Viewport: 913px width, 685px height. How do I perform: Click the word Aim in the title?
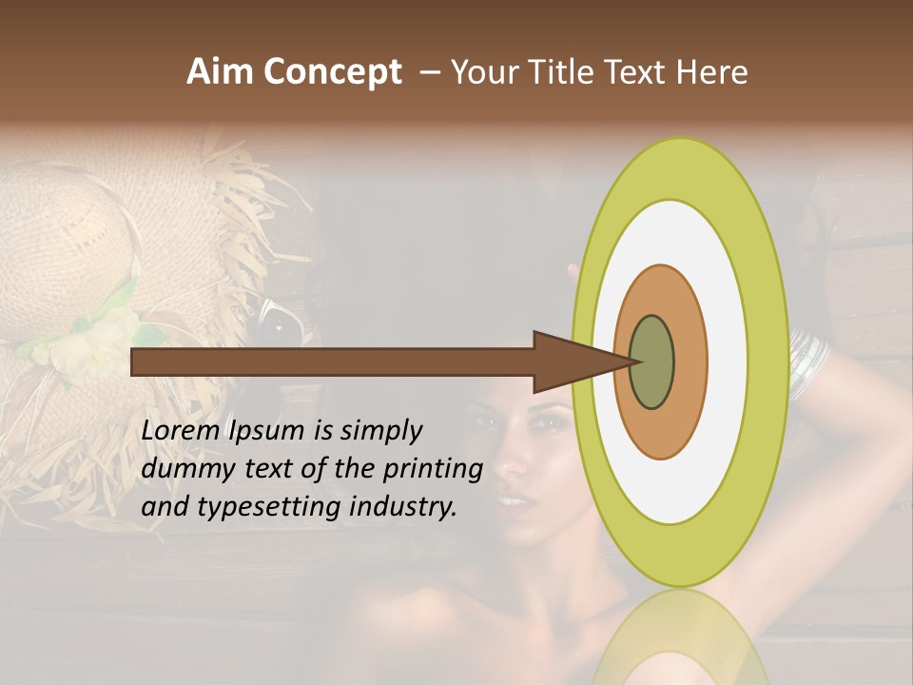220,72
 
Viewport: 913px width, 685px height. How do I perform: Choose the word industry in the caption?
406,507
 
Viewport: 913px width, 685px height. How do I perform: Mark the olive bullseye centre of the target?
653,362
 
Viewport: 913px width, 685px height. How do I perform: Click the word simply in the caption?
380,431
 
